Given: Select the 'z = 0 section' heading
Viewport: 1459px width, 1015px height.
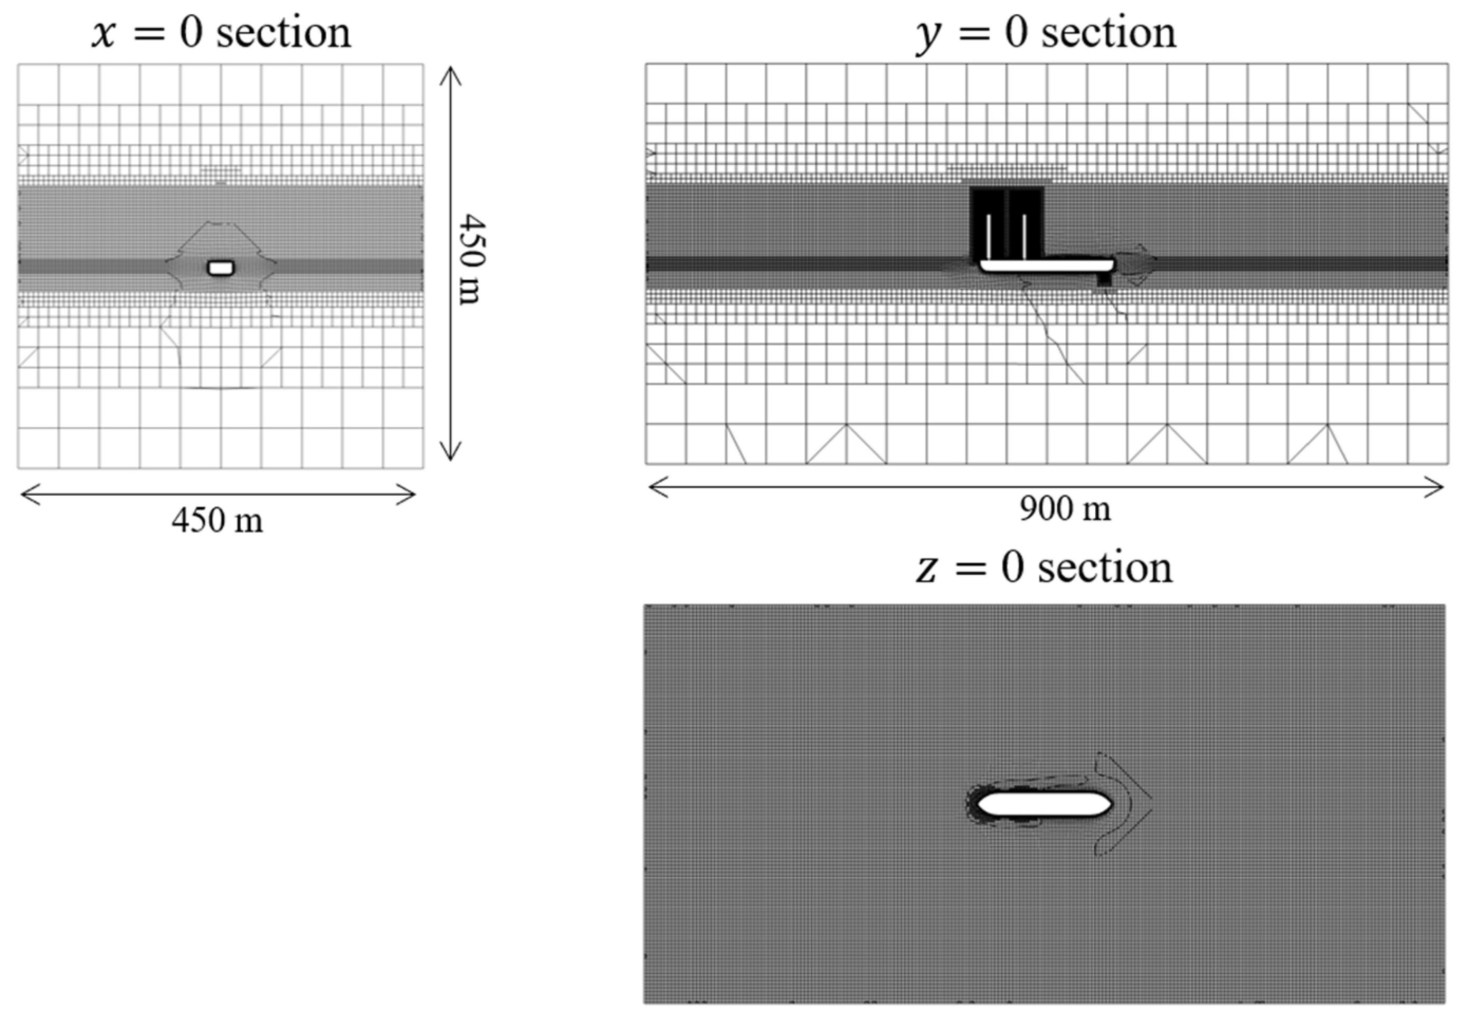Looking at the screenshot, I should point(1044,567).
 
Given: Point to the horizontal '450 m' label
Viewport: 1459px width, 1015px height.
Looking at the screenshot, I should point(217,520).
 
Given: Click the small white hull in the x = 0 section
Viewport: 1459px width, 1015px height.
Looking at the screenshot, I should point(221,268).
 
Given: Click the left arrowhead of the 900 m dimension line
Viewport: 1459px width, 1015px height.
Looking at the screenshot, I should point(652,488).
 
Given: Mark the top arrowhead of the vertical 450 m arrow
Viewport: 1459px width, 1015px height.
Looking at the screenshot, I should point(451,70).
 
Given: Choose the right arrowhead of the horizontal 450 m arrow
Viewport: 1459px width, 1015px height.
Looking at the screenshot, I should point(412,494).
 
